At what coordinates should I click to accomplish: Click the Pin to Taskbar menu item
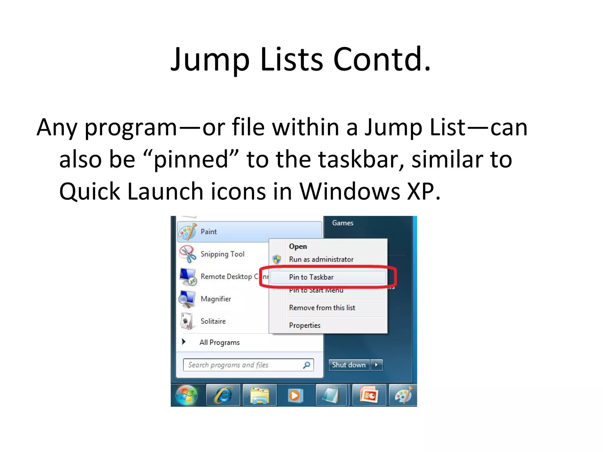pyautogui.click(x=311, y=277)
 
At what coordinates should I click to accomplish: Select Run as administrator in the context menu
pyautogui.click(x=321, y=259)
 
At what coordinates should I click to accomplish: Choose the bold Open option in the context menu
pyautogui.click(x=298, y=246)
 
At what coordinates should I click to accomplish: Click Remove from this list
pyautogui.click(x=322, y=308)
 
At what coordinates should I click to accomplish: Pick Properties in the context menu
pyautogui.click(x=305, y=325)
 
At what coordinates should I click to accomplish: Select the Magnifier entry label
pyautogui.click(x=216, y=299)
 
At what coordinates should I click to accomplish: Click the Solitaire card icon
pyautogui.click(x=187, y=321)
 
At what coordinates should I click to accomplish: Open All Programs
pyautogui.click(x=219, y=343)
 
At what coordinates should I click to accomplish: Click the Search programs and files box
pyautogui.click(x=241, y=365)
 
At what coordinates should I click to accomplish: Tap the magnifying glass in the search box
pyautogui.click(x=307, y=365)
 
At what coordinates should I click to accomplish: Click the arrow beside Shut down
pyautogui.click(x=376, y=365)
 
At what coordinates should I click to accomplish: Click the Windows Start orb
pyautogui.click(x=187, y=395)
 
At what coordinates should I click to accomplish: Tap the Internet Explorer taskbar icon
pyautogui.click(x=223, y=395)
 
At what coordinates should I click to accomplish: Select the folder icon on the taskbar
pyautogui.click(x=259, y=395)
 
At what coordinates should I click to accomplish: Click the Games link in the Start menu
pyautogui.click(x=343, y=223)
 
